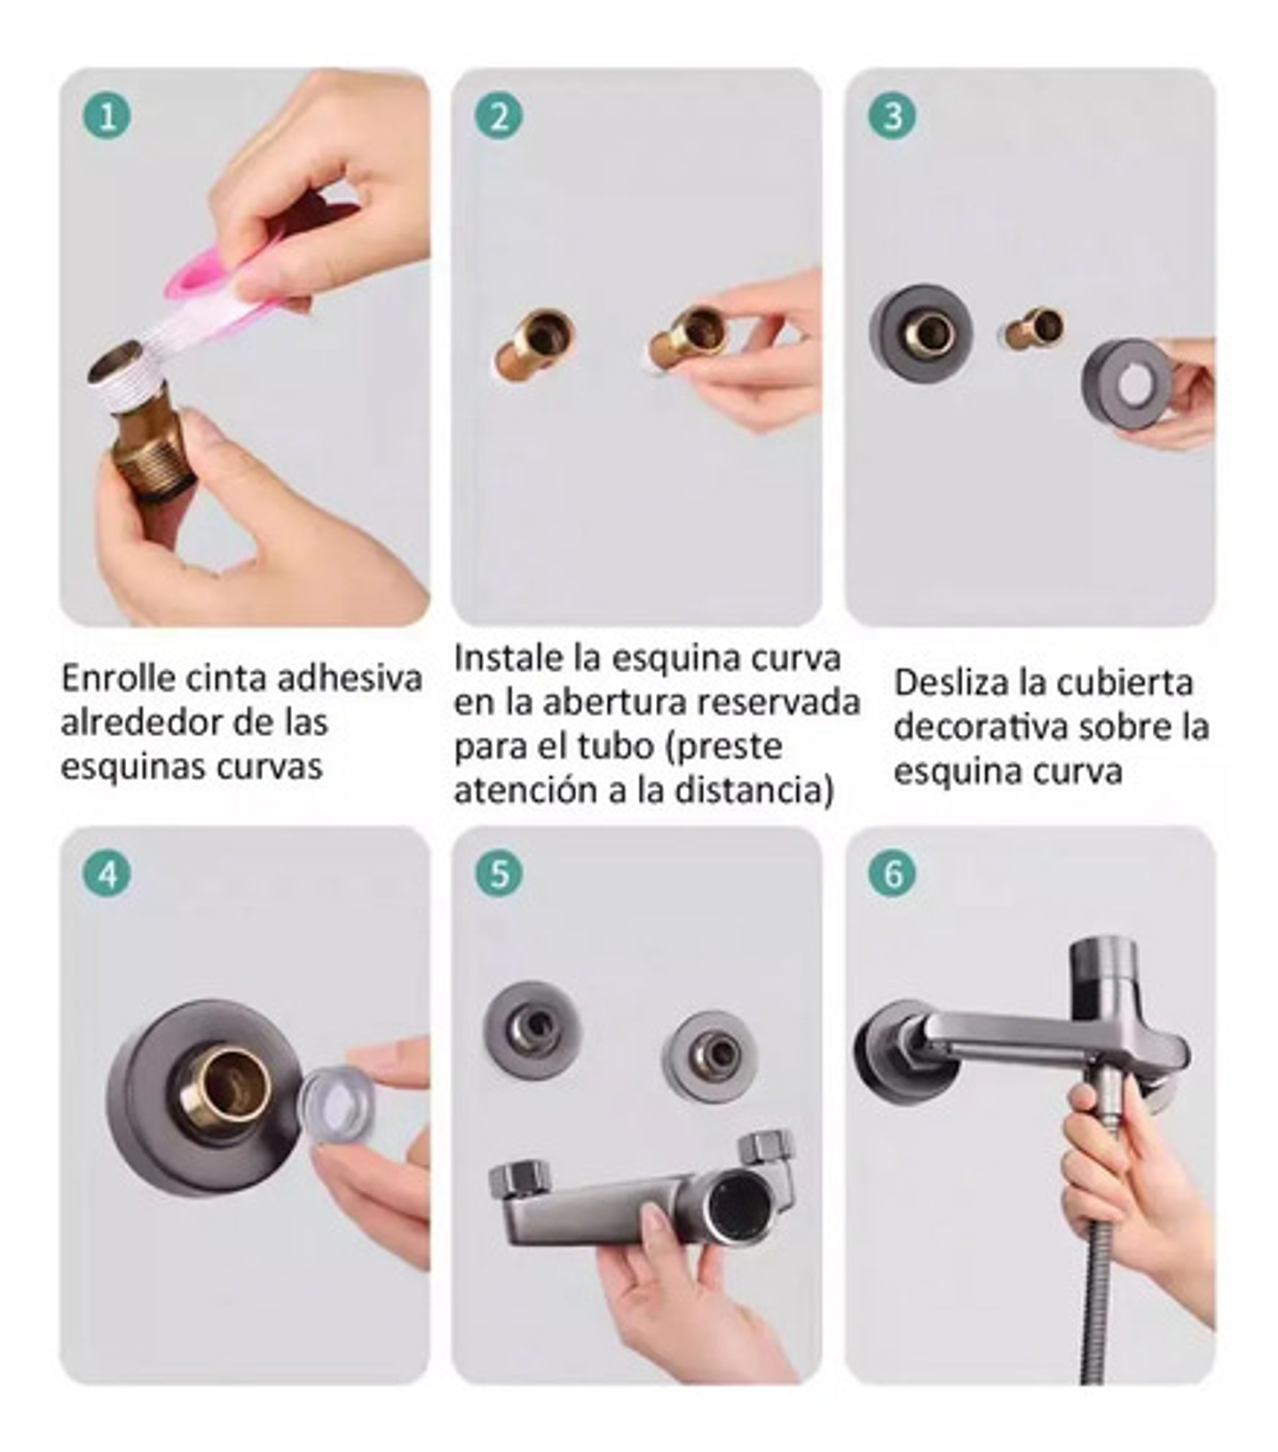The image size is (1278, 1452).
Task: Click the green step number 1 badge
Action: (107, 116)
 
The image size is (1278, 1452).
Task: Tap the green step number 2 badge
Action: (500, 116)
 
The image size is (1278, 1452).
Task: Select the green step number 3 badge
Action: (892, 116)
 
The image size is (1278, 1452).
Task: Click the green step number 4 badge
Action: (107, 874)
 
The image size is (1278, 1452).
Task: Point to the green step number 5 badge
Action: (500, 874)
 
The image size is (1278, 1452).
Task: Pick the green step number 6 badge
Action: (892, 874)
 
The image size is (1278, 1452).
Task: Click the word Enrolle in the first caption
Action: (119, 679)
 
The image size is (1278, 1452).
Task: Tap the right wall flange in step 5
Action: (709, 1056)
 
